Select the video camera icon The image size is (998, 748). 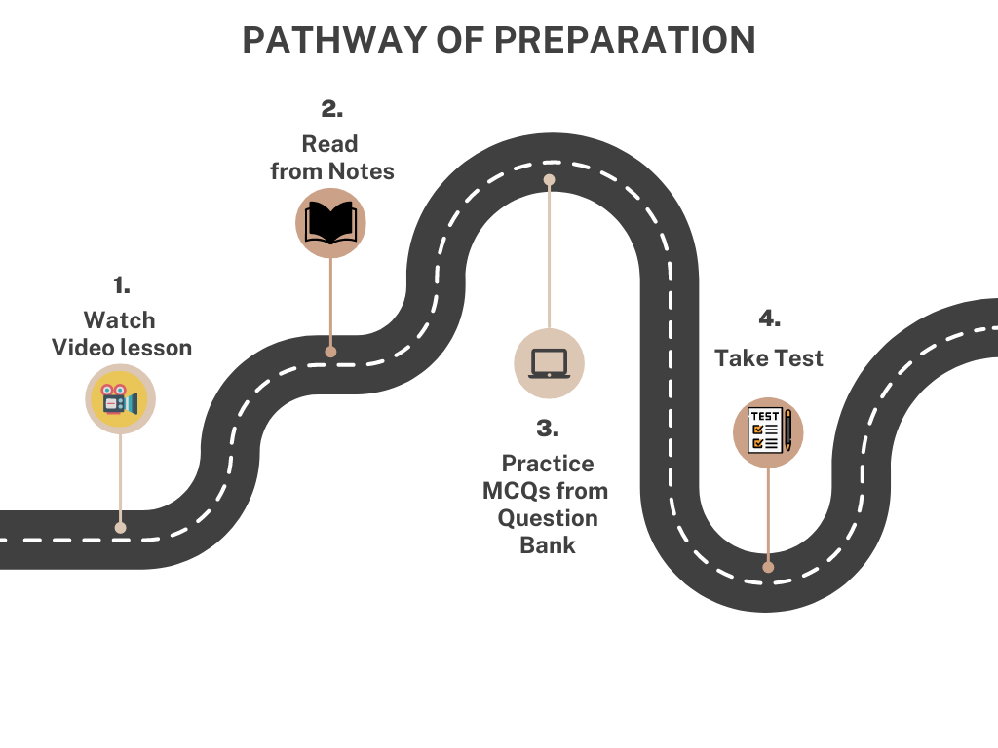click(120, 398)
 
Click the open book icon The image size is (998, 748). click(330, 223)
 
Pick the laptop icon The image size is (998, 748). click(549, 363)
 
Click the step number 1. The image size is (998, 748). click(121, 285)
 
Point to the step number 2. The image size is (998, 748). click(331, 109)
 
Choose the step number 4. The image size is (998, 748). click(769, 318)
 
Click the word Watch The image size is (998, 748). click(119, 320)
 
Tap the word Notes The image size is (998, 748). click(361, 171)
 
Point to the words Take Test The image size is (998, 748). click(768, 358)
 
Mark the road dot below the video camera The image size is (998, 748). click(120, 527)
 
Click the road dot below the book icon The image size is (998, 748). click(330, 352)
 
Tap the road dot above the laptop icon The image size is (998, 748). click(549, 180)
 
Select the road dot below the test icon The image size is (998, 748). click(768, 566)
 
